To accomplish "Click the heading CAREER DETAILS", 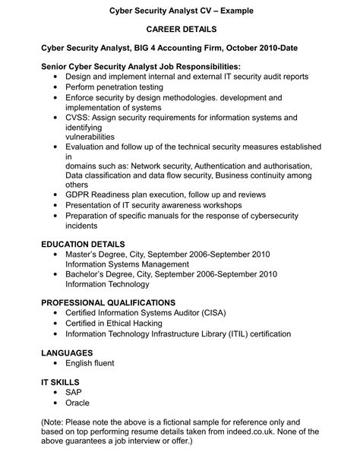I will [x=180, y=29].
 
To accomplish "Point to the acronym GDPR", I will [x=80, y=194].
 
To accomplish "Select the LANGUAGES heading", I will [x=67, y=352].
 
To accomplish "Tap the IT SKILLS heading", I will [x=60, y=382].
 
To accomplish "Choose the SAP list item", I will [x=74, y=392].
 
